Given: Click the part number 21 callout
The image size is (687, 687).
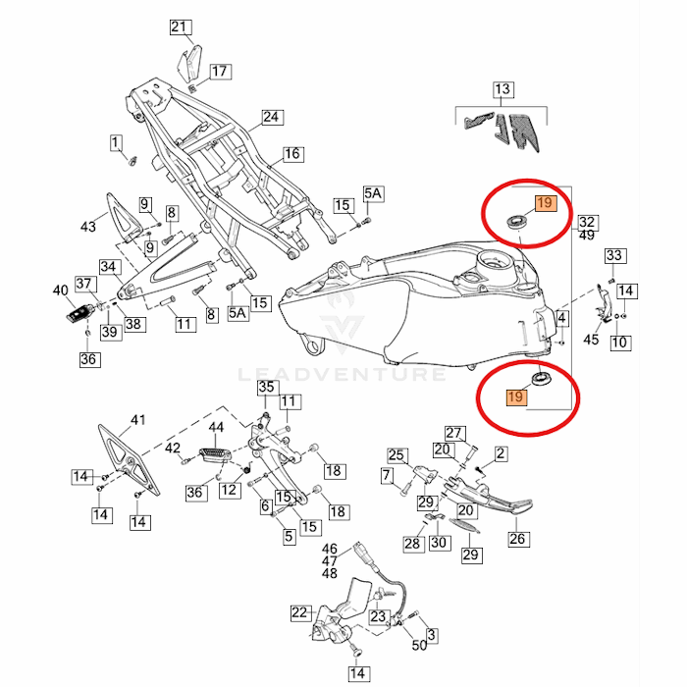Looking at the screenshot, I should click(x=178, y=26).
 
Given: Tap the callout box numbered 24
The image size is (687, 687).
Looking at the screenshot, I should click(x=271, y=118).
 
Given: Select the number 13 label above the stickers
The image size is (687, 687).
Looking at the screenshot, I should click(x=502, y=90).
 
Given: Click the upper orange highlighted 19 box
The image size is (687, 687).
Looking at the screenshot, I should click(x=545, y=204).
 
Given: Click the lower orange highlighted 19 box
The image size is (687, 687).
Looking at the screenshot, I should click(x=516, y=396).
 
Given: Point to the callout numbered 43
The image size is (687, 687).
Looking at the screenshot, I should click(x=88, y=227).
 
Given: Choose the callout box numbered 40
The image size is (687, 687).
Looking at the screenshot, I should click(x=61, y=291).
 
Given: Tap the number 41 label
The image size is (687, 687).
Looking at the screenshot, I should click(x=137, y=420).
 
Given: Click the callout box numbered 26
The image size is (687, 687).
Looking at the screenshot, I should click(x=517, y=538).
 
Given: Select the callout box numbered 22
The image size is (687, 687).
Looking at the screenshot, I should click(x=300, y=613).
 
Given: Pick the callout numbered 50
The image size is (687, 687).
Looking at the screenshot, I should click(x=419, y=645).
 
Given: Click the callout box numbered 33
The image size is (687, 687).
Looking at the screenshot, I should click(x=614, y=256).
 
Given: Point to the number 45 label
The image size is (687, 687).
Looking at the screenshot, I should click(x=591, y=340).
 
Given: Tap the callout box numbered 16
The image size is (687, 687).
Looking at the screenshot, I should click(x=292, y=154).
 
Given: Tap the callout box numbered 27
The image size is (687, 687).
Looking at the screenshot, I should click(x=453, y=433).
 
